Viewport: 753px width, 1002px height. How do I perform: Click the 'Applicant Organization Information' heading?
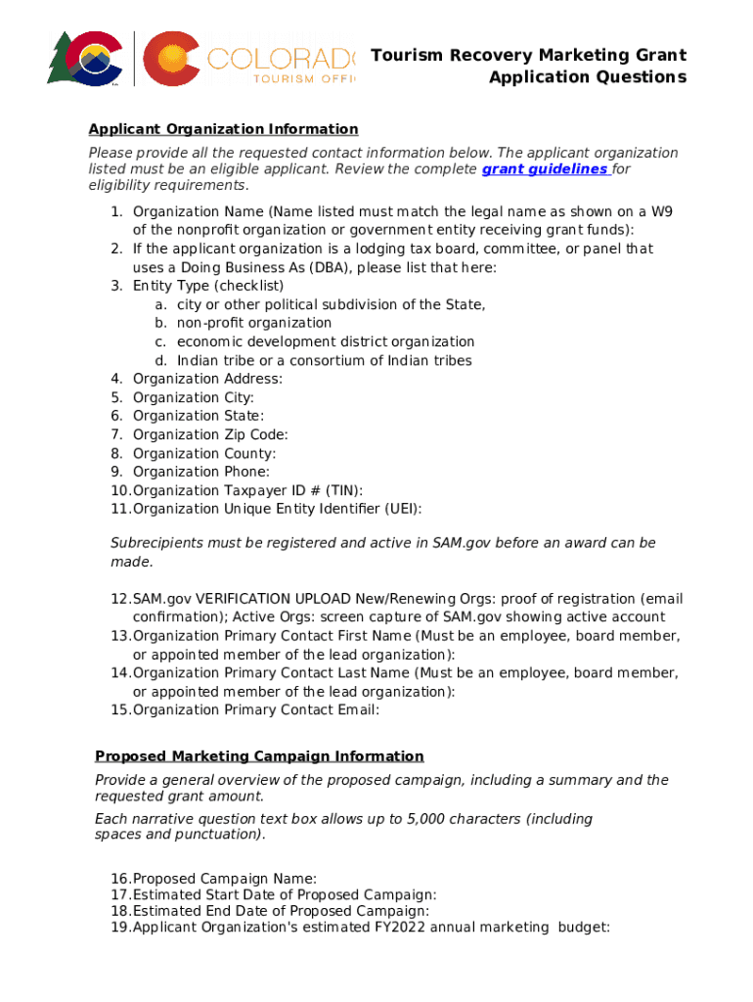223,129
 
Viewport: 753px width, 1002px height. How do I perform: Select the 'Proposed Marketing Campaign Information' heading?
259,756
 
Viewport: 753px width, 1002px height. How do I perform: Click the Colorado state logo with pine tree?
84,58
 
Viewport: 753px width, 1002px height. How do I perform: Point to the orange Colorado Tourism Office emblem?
173,58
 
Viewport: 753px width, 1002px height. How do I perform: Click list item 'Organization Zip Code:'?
210,434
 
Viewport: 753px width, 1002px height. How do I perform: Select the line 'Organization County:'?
203,453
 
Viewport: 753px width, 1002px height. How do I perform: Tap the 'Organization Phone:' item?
200,472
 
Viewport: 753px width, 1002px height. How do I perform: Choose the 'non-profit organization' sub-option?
253,323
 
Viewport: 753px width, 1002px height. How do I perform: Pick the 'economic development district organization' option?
325,342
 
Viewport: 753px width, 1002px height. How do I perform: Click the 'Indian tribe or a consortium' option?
324,360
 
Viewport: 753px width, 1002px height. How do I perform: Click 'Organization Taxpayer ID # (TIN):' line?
253,490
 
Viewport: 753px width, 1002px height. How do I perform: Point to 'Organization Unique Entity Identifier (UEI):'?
277,509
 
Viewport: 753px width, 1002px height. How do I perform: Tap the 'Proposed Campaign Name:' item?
224,879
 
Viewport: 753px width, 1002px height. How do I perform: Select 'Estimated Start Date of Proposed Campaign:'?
284,894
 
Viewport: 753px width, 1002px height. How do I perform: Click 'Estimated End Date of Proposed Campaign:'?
281,911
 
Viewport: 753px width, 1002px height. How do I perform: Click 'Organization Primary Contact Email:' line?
255,710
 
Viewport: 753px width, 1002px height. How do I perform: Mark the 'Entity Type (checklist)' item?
208,286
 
